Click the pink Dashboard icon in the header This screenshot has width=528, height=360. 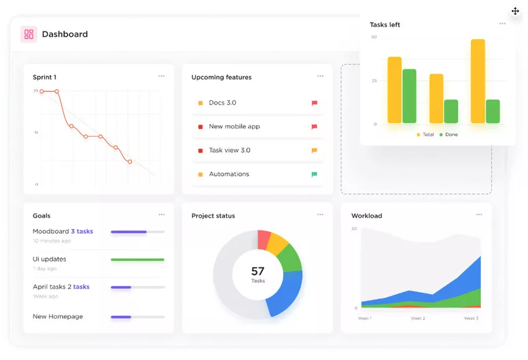(29, 34)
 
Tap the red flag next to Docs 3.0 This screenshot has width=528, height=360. (314, 103)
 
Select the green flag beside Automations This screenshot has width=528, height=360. (314, 175)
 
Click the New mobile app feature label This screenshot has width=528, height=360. (234, 127)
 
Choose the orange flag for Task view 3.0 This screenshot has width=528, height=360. (314, 150)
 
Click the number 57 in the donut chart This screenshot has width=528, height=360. (258, 271)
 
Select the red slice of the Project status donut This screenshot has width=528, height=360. (264, 239)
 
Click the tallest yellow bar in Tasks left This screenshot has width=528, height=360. (478, 81)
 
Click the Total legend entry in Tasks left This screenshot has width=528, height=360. (426, 135)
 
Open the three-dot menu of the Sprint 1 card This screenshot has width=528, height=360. (162, 76)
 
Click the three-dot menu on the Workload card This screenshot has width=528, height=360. (479, 215)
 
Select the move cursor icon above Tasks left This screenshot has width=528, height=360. (515, 11)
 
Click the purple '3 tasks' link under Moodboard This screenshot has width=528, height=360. (81, 231)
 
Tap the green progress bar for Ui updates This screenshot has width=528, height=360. (137, 260)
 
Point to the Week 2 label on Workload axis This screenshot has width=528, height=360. (418, 318)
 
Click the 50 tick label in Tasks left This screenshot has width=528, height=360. (374, 37)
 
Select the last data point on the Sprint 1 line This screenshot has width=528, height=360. (130, 162)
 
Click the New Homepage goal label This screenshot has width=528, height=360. (58, 316)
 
